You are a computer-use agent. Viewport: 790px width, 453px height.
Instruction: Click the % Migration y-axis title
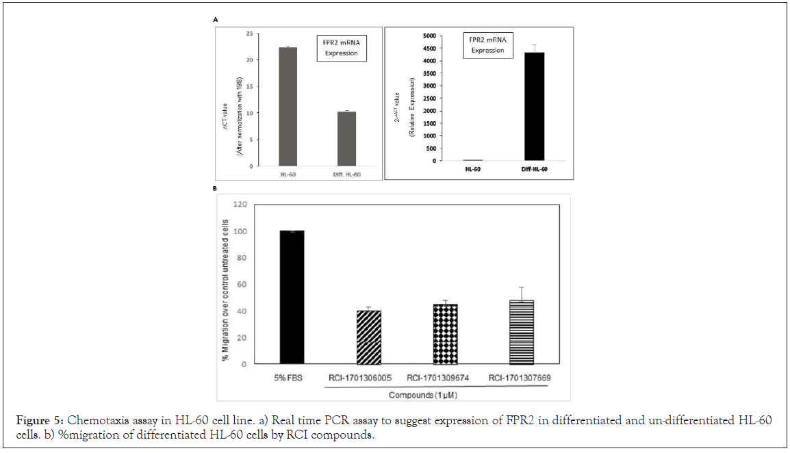[225, 285]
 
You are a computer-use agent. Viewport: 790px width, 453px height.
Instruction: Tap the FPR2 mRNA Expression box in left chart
[341, 48]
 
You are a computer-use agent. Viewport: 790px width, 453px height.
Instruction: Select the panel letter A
[216, 21]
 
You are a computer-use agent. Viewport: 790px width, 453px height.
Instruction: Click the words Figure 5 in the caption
[36, 420]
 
